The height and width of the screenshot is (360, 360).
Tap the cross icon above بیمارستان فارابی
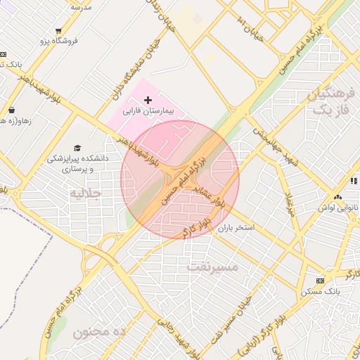click(148, 101)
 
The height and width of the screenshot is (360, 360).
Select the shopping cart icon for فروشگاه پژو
click(58, 30)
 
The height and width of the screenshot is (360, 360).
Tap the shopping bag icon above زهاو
click(12, 110)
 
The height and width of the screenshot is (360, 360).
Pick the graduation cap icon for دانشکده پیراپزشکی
click(77, 148)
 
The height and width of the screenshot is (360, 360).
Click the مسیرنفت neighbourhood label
click(213, 267)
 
